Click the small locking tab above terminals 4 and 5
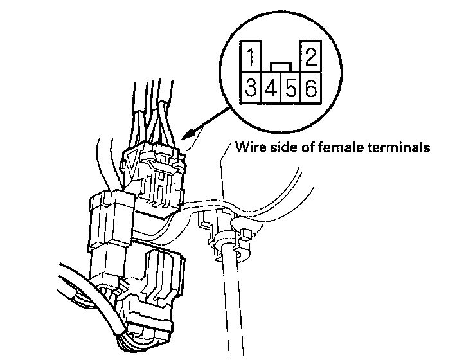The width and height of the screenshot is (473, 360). (280, 66)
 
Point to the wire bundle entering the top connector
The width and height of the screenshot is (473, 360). (154, 109)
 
